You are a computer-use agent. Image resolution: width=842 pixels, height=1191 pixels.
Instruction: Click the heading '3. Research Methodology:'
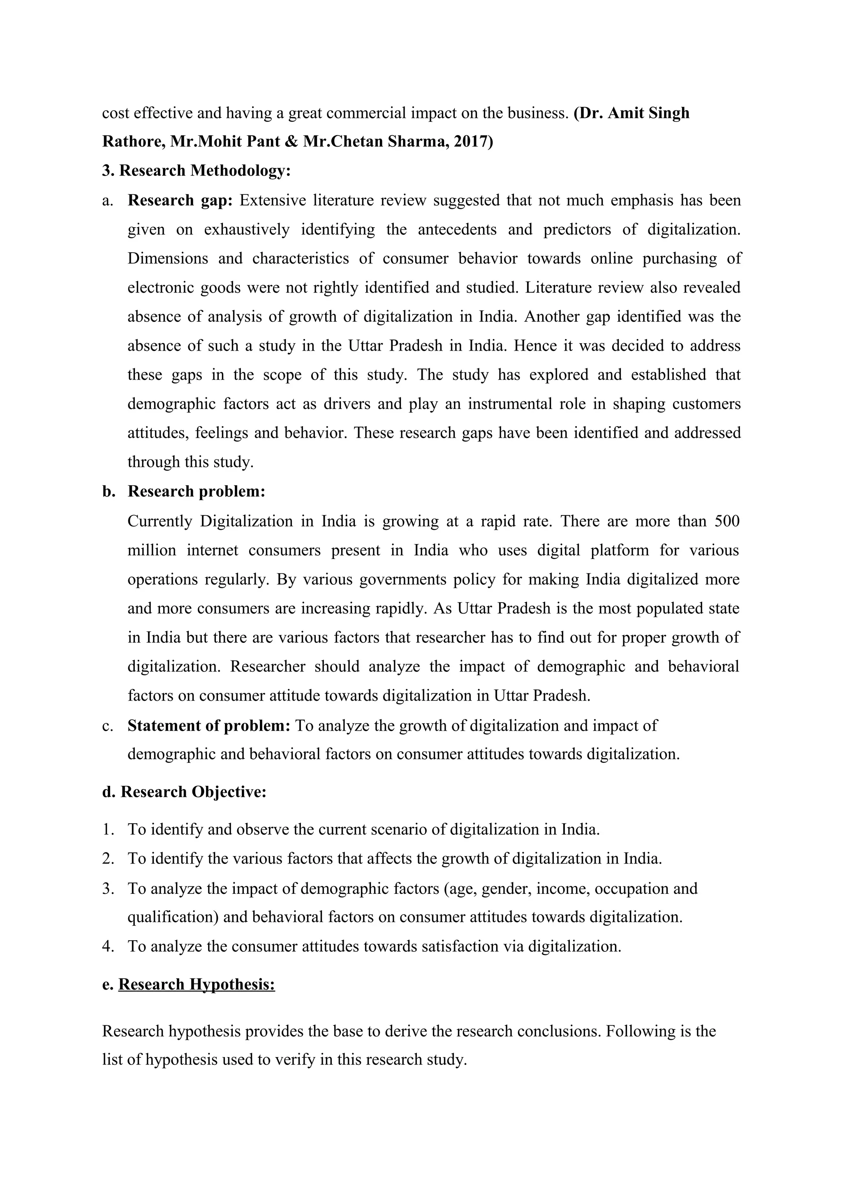[196, 171]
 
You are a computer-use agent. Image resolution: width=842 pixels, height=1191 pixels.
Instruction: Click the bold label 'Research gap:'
[180, 200]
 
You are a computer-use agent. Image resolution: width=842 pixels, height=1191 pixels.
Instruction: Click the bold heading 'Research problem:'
[196, 491]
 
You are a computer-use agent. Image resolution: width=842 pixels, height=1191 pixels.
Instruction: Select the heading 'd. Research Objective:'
[184, 792]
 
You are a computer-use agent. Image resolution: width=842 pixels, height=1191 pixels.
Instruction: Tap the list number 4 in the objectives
[107, 946]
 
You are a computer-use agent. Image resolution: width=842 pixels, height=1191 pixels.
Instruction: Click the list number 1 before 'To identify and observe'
[107, 829]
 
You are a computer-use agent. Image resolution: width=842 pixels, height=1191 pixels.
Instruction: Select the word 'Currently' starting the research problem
[159, 521]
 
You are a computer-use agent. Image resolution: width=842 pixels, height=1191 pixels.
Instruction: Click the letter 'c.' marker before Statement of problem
[107, 725]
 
